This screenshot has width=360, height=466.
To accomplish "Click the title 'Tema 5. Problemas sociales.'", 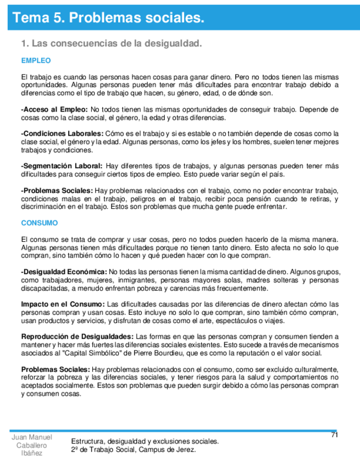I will click(109, 18).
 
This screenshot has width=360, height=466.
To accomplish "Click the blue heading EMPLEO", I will click(36, 60).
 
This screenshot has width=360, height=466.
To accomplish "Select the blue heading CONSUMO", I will click(39, 223).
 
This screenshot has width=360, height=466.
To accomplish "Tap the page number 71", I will click(334, 435).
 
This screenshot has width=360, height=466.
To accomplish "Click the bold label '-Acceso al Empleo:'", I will click(54, 109).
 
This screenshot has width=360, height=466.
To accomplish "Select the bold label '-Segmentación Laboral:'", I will click(62, 167).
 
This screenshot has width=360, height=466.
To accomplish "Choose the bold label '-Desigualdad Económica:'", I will click(64, 271).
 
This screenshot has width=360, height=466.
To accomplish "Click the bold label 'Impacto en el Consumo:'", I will click(63, 304).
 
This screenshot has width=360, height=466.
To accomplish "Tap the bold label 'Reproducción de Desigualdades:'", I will click(76, 336).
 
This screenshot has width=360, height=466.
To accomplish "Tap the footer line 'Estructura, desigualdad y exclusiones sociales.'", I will click(145, 441).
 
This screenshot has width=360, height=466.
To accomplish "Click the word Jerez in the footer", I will click(185, 449).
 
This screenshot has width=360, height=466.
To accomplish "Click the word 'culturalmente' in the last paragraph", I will click(314, 369).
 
